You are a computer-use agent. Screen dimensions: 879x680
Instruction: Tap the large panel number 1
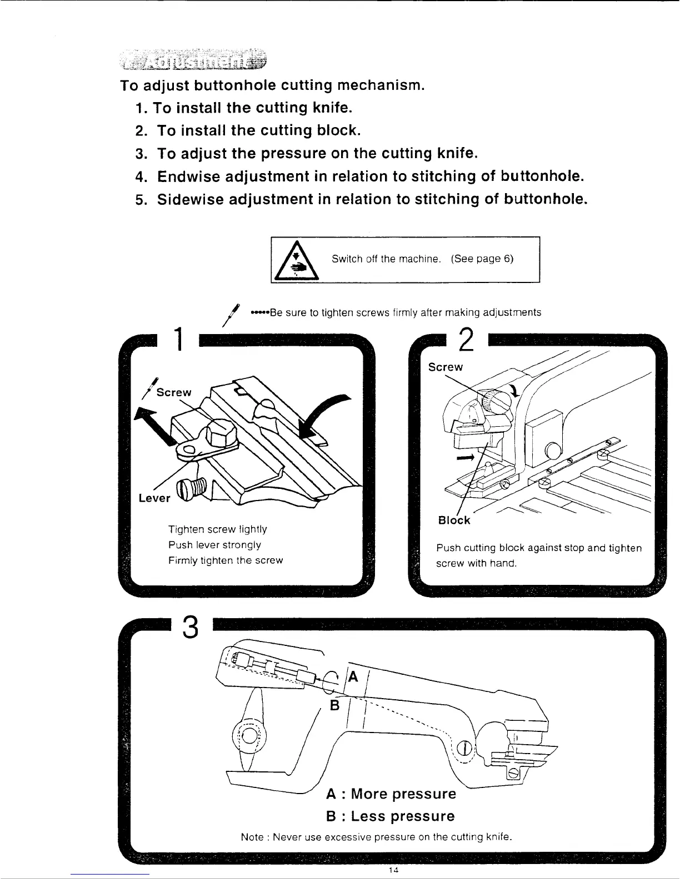(178, 340)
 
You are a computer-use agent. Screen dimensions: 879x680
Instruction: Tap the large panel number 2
(467, 339)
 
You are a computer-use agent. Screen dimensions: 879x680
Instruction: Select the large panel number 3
(190, 628)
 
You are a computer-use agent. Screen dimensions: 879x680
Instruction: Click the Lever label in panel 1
(154, 498)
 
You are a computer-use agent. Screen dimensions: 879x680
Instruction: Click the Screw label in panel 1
(174, 392)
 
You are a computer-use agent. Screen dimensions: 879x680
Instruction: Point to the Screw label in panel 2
(445, 367)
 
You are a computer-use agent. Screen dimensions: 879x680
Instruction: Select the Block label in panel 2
(454, 521)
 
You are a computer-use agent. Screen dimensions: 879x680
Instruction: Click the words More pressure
(403, 794)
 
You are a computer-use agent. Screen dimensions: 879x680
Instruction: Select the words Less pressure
(403, 816)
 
